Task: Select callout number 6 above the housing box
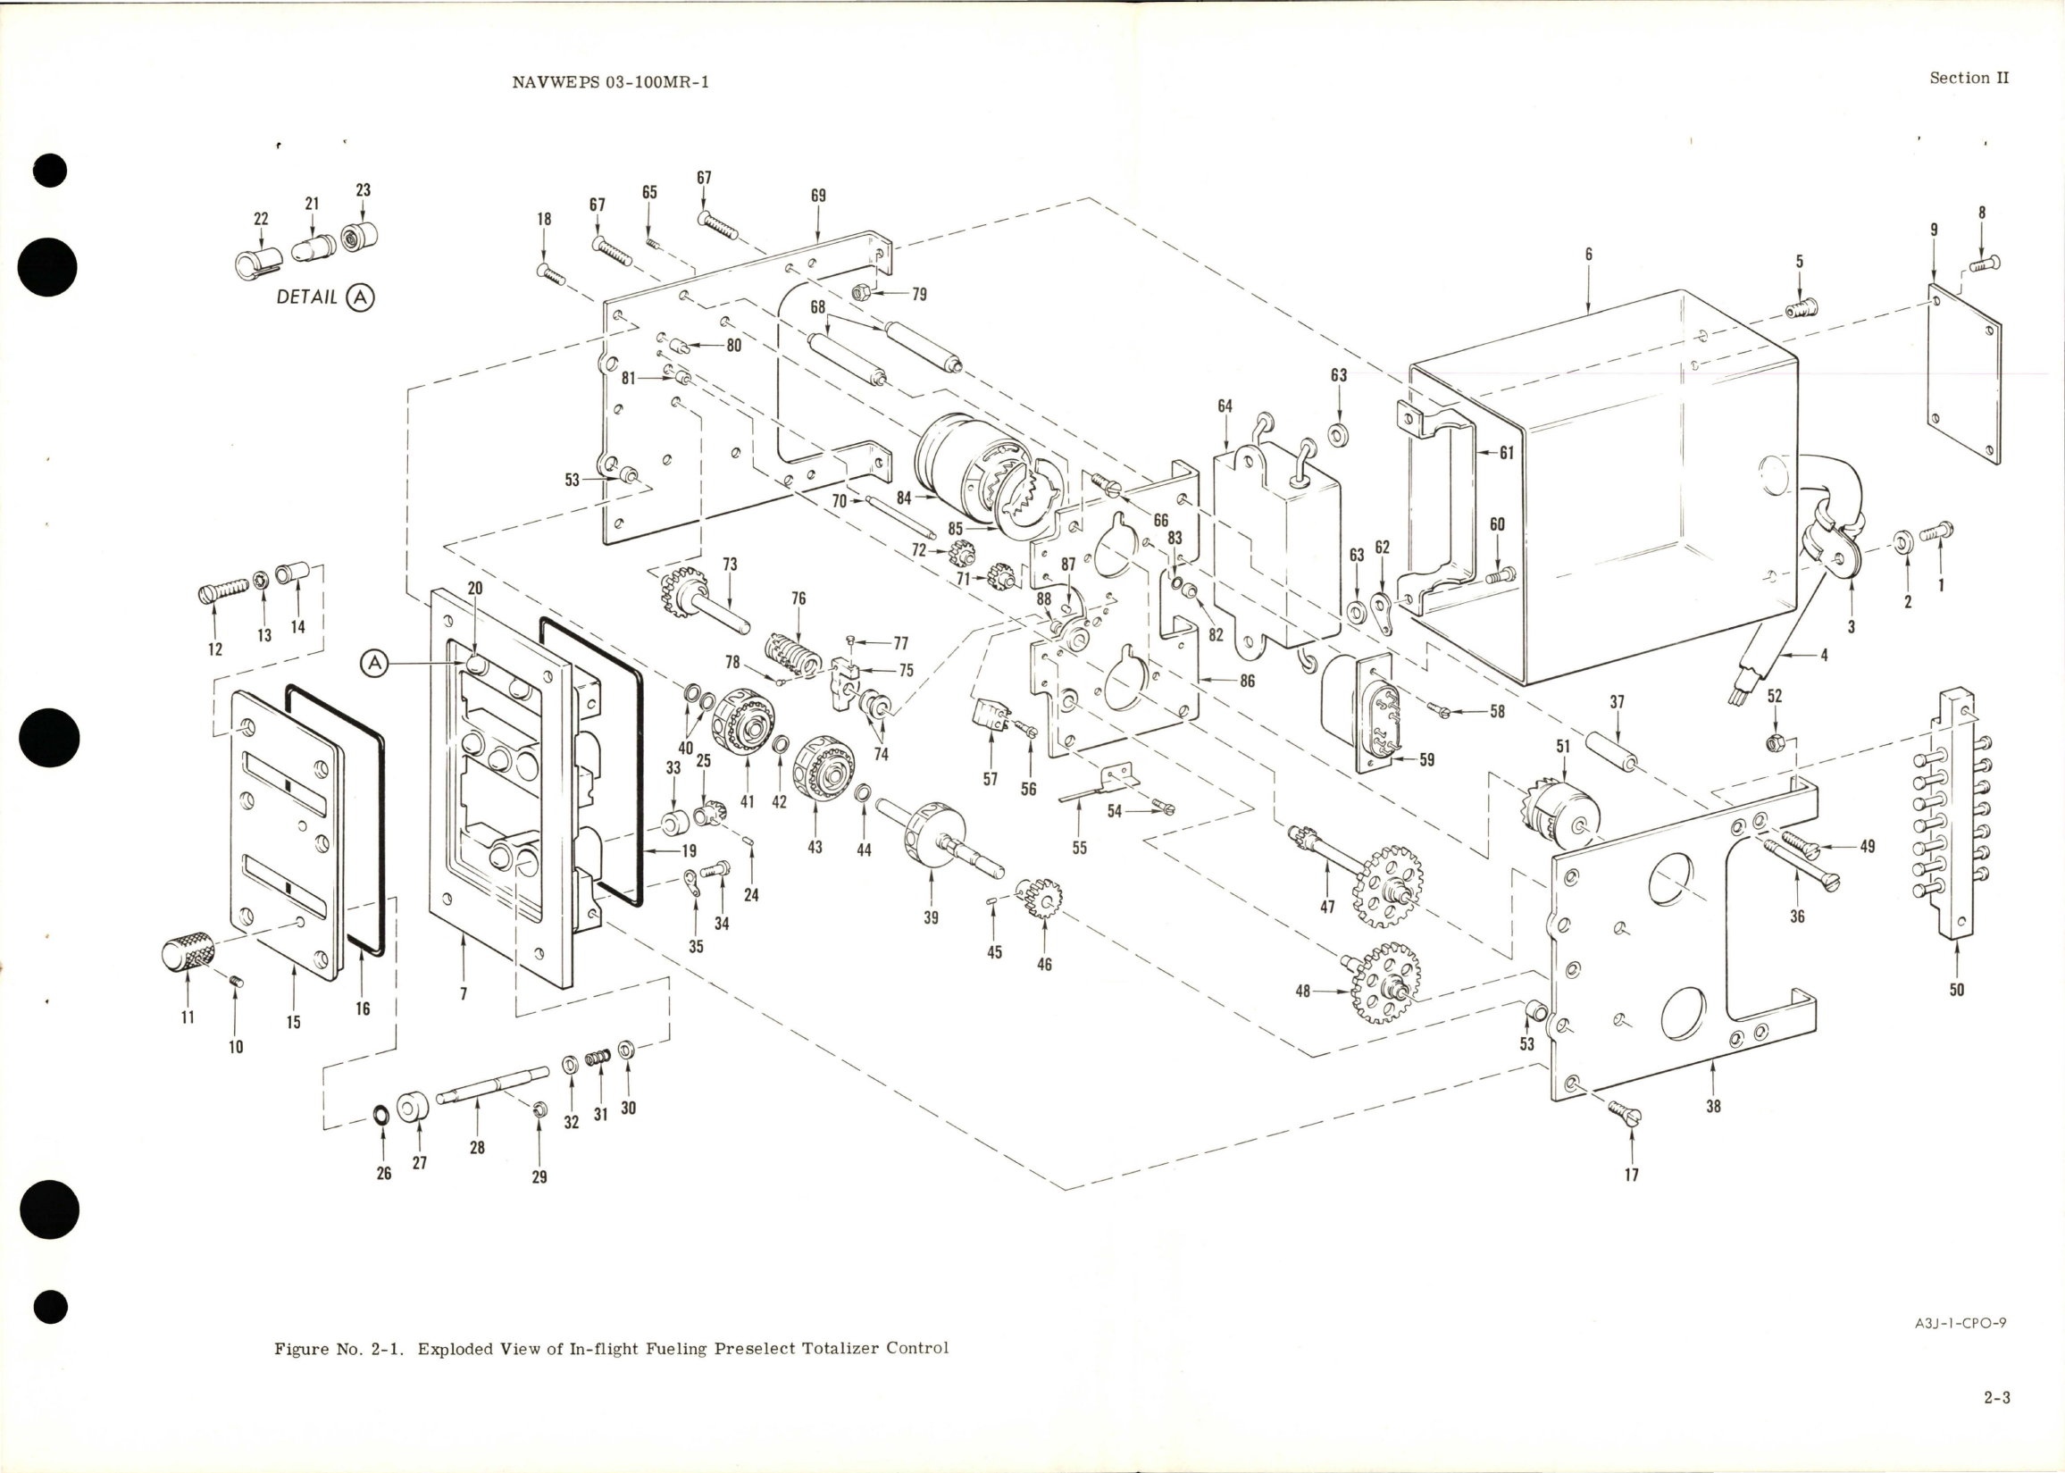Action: (1588, 255)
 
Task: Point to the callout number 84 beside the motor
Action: (903, 498)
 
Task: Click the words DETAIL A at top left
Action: (323, 297)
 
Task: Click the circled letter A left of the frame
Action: (373, 664)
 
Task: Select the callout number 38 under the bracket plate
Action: (1712, 1106)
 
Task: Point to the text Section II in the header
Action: (1969, 78)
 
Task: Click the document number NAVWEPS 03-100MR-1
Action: (609, 81)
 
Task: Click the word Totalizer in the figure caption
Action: (841, 1348)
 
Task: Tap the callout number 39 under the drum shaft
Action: (931, 917)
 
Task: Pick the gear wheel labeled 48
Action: (1384, 983)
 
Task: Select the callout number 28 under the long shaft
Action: (477, 1146)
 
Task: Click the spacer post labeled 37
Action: (1610, 749)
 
